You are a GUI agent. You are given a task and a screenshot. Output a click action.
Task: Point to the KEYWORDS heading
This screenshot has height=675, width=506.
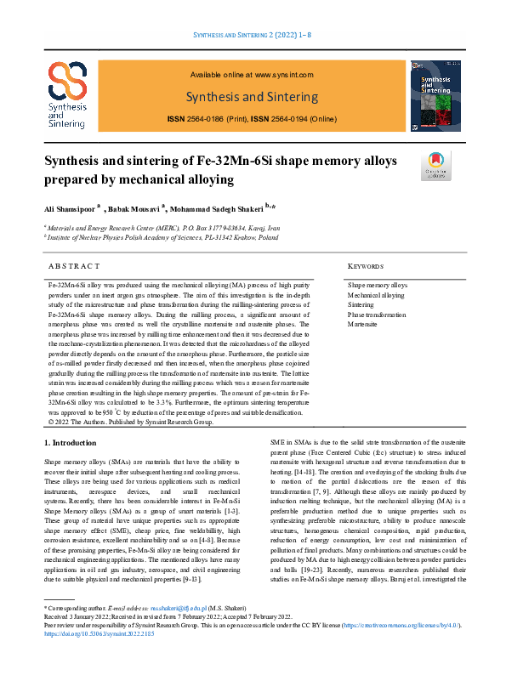(367, 265)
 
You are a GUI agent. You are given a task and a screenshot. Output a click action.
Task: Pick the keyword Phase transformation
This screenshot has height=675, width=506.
(378, 315)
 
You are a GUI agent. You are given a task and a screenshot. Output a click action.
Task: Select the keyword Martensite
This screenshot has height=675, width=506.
(363, 324)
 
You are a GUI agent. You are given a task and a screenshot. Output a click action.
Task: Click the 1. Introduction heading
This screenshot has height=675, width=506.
(74, 443)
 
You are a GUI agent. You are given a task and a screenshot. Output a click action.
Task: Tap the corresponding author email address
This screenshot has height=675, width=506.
(180, 634)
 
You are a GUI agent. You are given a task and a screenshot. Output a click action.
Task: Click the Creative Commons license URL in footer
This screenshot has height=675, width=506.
(401, 649)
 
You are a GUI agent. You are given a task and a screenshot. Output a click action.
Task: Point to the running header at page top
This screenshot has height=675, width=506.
(253, 34)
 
